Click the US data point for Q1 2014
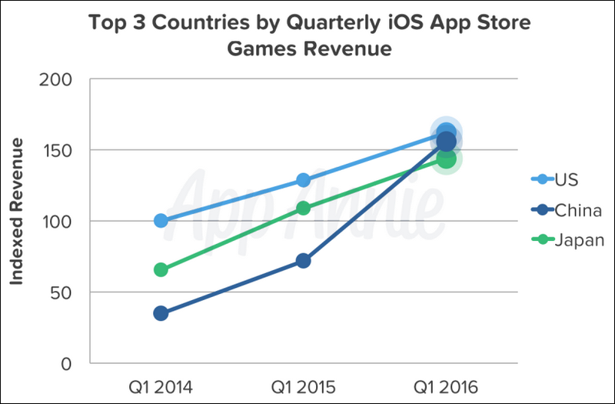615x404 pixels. pyautogui.click(x=161, y=221)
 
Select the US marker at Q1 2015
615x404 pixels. pyautogui.click(x=303, y=180)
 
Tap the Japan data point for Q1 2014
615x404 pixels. pyautogui.click(x=161, y=269)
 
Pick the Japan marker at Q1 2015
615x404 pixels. pyautogui.click(x=303, y=208)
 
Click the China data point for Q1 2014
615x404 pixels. pyautogui.click(x=161, y=313)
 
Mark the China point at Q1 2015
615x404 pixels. pyautogui.click(x=303, y=261)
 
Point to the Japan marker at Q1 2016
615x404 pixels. pyautogui.click(x=446, y=159)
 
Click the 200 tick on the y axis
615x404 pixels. pyautogui.click(x=55, y=79)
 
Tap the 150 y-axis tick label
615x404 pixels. pyautogui.click(x=55, y=150)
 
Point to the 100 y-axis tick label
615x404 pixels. pyautogui.click(x=55, y=222)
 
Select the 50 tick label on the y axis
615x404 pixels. pyautogui.click(x=61, y=292)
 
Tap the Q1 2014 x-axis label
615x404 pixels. pyautogui.click(x=161, y=385)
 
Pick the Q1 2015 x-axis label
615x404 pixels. pyautogui.click(x=303, y=385)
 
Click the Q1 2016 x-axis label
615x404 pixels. pyautogui.click(x=446, y=385)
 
